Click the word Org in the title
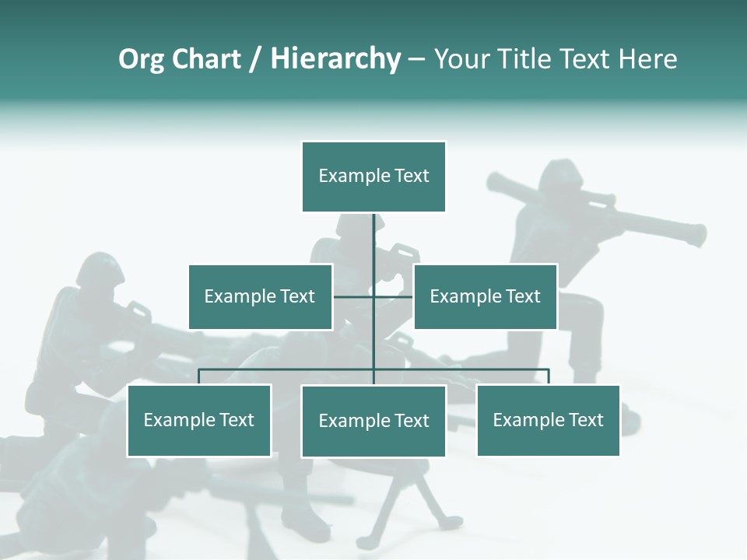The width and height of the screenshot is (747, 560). (141, 60)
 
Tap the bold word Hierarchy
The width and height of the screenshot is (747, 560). (335, 60)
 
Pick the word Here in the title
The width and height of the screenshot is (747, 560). (647, 60)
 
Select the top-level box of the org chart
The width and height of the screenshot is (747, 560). (373, 177)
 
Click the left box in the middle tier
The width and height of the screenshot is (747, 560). (260, 296)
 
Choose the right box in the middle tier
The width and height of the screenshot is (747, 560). (485, 296)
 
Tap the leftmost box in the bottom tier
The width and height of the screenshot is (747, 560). (199, 420)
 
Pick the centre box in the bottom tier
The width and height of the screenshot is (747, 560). (373, 421)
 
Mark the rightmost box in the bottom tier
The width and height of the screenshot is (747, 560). (548, 420)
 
